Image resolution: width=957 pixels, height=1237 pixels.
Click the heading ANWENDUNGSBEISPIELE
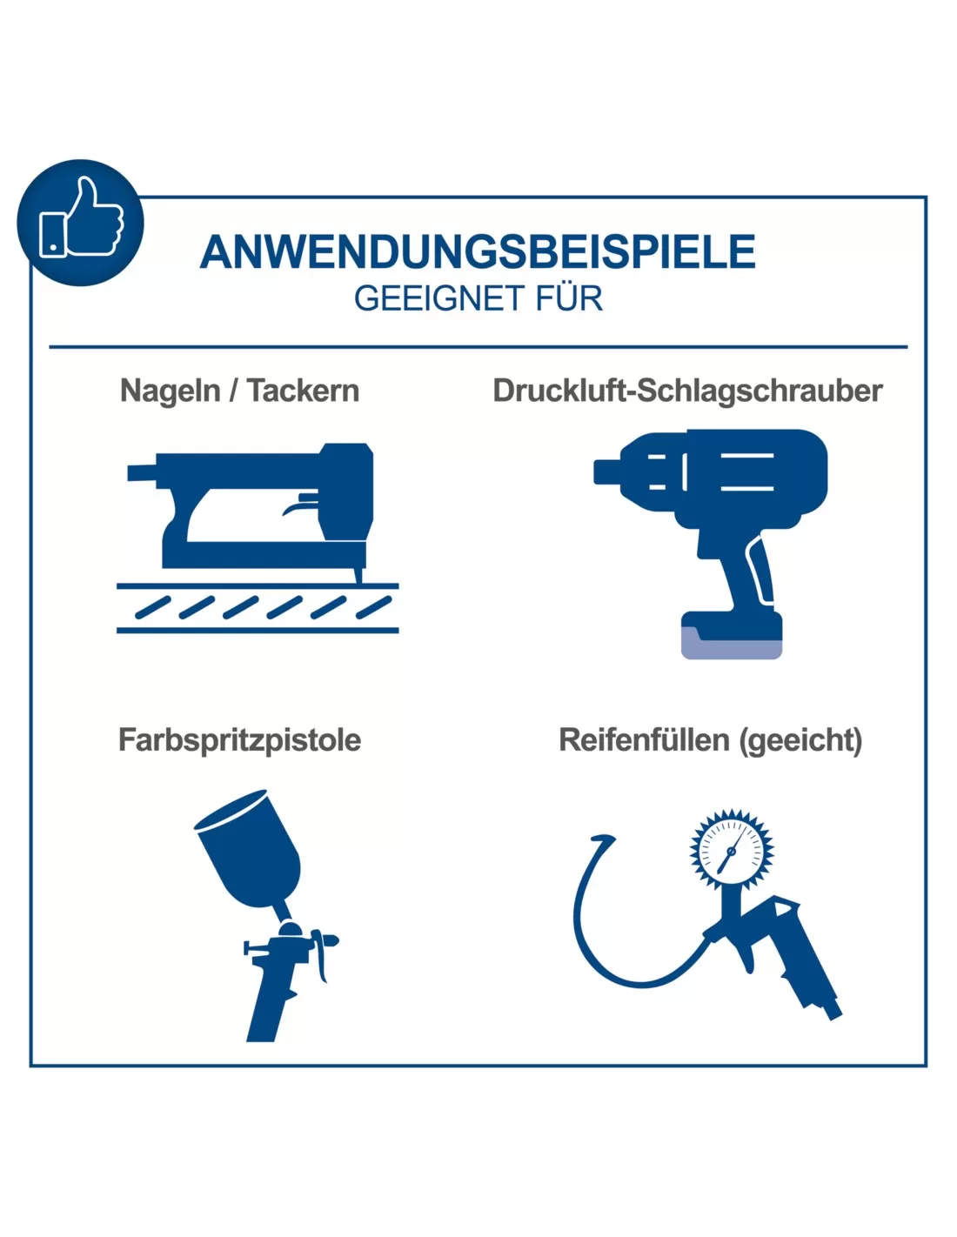(478, 251)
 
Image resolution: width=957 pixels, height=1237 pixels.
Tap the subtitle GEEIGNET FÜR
(478, 298)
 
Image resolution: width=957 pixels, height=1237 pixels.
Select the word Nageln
(171, 391)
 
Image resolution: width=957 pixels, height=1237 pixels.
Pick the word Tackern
(304, 391)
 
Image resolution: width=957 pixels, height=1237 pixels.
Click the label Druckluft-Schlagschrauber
(687, 391)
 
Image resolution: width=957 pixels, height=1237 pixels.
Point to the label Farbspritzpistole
(239, 740)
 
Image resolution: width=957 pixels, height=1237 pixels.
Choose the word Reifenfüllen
(644, 740)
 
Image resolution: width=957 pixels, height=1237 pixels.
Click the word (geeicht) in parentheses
(800, 740)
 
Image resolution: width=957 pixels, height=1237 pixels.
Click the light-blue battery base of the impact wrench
(732, 644)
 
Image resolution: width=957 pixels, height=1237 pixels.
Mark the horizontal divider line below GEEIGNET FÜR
(478, 347)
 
